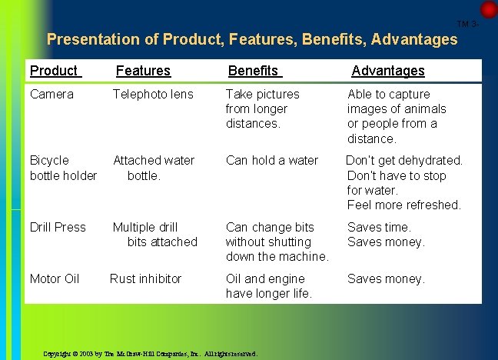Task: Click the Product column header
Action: coord(54,71)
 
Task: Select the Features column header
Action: coord(143,71)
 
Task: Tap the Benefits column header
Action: coord(254,71)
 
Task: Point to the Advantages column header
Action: coord(387,71)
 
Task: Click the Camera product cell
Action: coord(51,94)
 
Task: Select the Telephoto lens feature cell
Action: coord(153,94)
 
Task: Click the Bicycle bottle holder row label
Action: coord(63,168)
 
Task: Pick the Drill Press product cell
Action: coord(58,227)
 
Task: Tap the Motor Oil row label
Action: coord(55,278)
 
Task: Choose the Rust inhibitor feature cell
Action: coord(146,278)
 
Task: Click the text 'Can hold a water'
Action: coord(272,160)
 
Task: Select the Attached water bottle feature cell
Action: coord(154,168)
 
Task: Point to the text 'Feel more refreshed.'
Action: coord(403,205)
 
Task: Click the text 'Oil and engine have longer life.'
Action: coord(269,286)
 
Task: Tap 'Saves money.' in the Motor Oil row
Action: coord(386,278)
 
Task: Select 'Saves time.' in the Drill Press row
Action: coord(379,227)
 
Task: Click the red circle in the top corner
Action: coord(489,9)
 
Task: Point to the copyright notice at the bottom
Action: coord(151,354)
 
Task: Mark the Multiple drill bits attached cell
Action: coord(155,235)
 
